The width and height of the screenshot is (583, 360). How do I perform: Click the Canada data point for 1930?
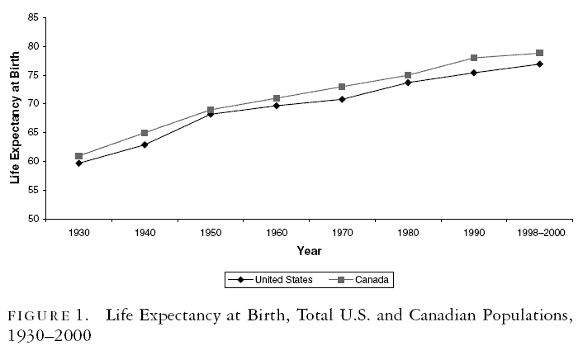(x=78, y=156)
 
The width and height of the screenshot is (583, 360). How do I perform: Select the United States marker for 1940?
(x=145, y=144)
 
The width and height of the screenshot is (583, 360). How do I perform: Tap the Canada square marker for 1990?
(x=474, y=58)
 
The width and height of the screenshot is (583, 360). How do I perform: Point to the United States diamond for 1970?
(x=342, y=99)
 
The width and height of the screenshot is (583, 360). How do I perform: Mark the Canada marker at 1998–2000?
(x=539, y=53)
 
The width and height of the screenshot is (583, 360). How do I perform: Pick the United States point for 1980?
(x=408, y=83)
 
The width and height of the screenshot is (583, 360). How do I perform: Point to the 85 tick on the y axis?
(x=34, y=17)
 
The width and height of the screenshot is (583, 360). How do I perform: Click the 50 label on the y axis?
(x=34, y=219)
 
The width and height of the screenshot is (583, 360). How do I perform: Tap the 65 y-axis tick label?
(x=34, y=133)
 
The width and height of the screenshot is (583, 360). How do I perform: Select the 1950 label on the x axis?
(x=211, y=234)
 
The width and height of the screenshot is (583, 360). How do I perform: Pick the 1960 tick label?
(x=276, y=234)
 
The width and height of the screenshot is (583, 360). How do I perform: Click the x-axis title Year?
(x=309, y=251)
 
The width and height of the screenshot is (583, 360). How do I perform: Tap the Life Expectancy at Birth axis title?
(x=15, y=118)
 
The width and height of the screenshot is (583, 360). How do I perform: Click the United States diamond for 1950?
(x=211, y=114)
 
